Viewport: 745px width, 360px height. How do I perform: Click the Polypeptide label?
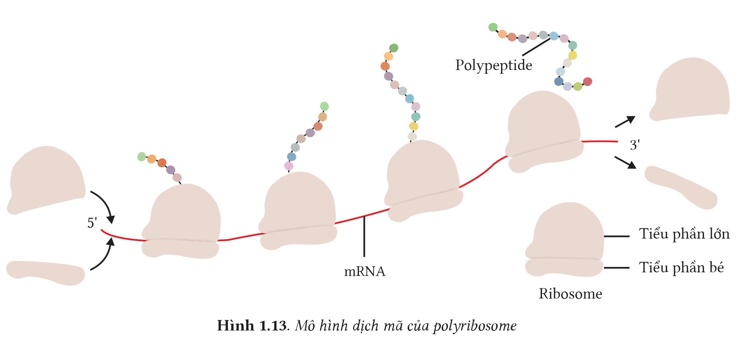(493, 65)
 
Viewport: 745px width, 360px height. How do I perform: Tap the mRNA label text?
(364, 271)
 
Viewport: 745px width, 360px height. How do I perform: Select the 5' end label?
(92, 223)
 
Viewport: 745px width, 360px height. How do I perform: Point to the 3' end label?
(635, 145)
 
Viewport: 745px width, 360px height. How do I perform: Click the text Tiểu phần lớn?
(684, 234)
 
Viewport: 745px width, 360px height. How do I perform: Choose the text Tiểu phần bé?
(681, 268)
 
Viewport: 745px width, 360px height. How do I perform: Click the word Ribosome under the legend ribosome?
(570, 294)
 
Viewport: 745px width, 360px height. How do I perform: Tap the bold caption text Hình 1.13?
(251, 326)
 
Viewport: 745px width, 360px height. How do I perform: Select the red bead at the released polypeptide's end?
(587, 81)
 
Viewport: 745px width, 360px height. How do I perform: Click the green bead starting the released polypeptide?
(493, 27)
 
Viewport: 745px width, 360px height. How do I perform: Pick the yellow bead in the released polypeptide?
(572, 55)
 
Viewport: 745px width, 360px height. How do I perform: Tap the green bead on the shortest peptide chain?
(142, 157)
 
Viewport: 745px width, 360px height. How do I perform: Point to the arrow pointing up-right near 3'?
(625, 121)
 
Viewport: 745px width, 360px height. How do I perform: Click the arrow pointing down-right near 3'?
(625, 162)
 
